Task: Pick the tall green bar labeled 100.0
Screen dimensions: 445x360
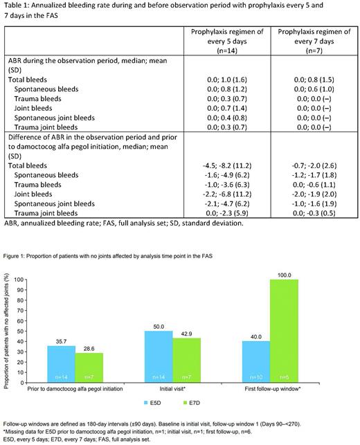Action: click(279, 332)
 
